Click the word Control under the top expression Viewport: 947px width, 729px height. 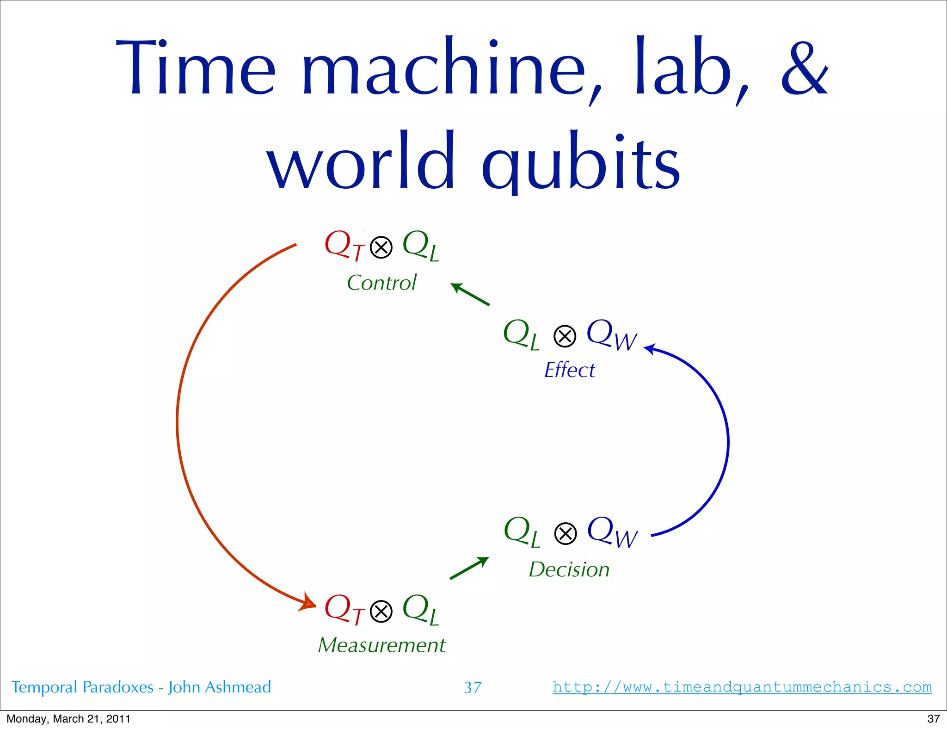click(381, 283)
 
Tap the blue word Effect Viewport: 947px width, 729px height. click(569, 370)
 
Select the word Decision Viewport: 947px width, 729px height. click(569, 569)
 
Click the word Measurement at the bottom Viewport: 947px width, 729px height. click(381, 645)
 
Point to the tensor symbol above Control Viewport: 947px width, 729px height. click(381, 247)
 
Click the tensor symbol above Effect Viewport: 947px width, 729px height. click(565, 336)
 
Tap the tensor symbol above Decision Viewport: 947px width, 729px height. click(565, 533)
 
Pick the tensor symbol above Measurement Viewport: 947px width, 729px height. click(381, 612)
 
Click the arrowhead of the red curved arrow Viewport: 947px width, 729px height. click(308, 603)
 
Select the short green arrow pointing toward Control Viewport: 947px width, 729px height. click(469, 294)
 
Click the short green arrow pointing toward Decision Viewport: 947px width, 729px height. click(469, 568)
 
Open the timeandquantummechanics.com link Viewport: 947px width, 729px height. click(742, 687)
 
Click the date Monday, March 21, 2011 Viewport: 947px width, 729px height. click(68, 719)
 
